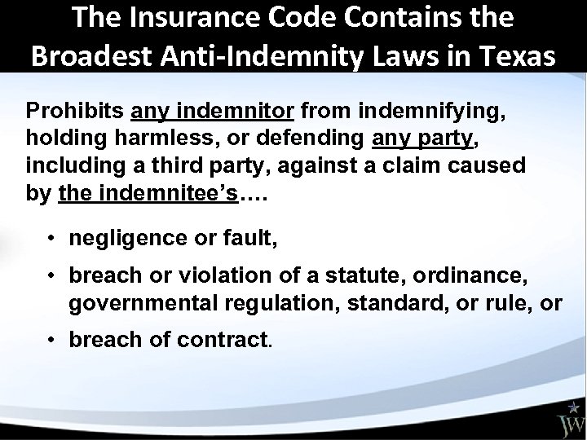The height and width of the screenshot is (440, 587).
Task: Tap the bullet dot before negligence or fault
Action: pos(51,240)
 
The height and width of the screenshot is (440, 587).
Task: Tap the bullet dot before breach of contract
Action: pos(51,338)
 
